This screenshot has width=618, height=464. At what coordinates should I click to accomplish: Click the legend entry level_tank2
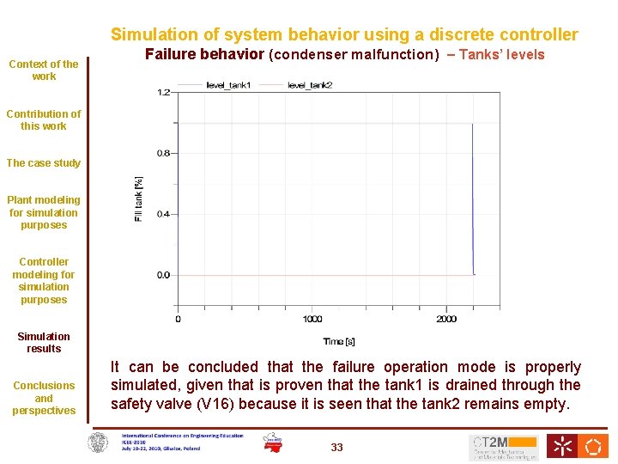(x=309, y=84)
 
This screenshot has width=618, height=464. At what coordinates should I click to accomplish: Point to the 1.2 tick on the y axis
(x=162, y=91)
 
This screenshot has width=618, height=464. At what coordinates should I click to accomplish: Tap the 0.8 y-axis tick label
(x=162, y=153)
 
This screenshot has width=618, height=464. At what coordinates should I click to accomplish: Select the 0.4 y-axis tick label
(x=162, y=214)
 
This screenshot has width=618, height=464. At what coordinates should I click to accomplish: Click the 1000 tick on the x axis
(x=312, y=320)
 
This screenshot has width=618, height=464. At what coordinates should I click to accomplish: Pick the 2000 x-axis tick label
(x=446, y=320)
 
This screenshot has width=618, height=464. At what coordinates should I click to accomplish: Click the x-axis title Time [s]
(x=339, y=341)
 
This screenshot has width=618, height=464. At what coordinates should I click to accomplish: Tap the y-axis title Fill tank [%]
(x=139, y=199)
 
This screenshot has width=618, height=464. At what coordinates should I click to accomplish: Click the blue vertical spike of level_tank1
(x=473, y=198)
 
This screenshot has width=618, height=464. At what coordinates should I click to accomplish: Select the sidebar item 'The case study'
(x=44, y=163)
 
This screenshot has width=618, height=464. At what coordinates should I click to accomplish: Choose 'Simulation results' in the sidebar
(x=44, y=343)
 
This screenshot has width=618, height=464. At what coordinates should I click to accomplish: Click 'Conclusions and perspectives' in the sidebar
(x=44, y=398)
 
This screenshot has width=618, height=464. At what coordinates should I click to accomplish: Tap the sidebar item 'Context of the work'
(x=44, y=70)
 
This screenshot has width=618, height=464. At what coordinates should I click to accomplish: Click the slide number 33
(x=336, y=447)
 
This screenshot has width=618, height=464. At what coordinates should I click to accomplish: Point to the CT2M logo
(x=504, y=447)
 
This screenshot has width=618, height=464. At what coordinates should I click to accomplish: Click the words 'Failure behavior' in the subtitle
(x=204, y=55)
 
